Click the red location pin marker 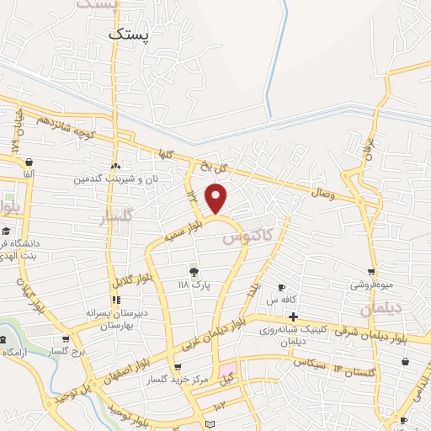216,200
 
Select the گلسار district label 118,218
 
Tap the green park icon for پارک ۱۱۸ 193,270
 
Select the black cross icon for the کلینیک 292,317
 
